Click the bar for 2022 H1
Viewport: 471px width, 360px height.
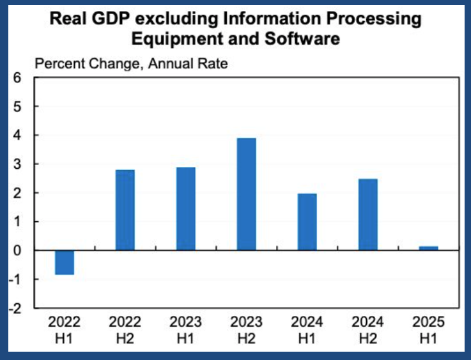pyautogui.click(x=65, y=262)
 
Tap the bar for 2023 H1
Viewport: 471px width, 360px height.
pyautogui.click(x=186, y=208)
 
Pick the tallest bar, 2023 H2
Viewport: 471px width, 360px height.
pyautogui.click(x=247, y=194)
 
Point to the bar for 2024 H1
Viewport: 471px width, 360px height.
pyautogui.click(x=307, y=221)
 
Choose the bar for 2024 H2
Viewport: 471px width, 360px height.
pyautogui.click(x=368, y=214)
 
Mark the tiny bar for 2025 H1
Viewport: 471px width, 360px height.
pyautogui.click(x=429, y=248)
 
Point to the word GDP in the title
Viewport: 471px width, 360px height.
pyautogui.click(x=115, y=19)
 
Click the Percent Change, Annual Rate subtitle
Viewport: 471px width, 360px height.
pyautogui.click(x=131, y=63)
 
